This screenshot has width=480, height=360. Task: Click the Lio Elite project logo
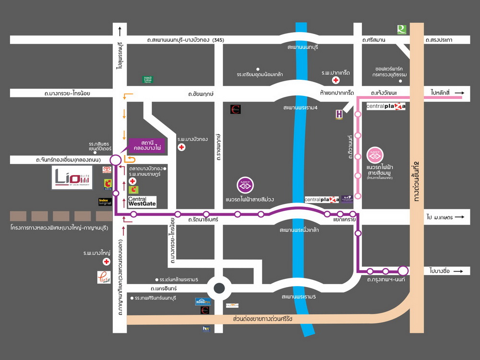coord(72,178)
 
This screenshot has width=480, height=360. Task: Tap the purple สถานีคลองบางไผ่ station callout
coord(147,145)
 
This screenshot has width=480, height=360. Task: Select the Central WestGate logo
coord(142,201)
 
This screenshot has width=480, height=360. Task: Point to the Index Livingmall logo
coord(105,202)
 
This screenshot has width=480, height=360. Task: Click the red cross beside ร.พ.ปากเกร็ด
coord(336,80)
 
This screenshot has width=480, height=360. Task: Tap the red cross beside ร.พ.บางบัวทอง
coord(181,147)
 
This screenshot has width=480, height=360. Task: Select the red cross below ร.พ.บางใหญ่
coord(106,262)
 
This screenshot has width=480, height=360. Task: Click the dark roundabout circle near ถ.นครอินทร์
coord(219,288)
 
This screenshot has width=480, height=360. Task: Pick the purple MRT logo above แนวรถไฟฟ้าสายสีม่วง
coord(245,184)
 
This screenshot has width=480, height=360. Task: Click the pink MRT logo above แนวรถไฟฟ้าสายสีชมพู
coord(375,156)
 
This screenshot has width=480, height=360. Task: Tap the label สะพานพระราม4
coord(300,108)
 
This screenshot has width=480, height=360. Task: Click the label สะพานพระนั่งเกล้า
coord(300,230)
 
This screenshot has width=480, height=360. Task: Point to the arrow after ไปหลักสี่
coord(459,93)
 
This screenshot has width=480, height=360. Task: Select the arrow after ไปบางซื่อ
coord(459,271)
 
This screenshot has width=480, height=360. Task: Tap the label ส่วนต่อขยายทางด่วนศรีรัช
coord(263,319)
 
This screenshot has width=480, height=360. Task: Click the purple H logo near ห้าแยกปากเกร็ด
coord(339,114)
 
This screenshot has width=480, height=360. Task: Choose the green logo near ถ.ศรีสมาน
coord(401,30)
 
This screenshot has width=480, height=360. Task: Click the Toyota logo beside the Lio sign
coord(107,170)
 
